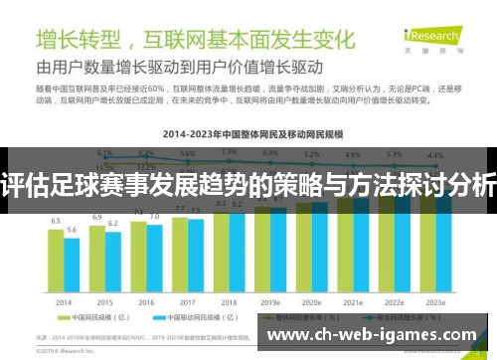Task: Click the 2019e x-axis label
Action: pyautogui.click(x=269, y=301)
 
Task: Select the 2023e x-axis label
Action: pyautogui.click(x=435, y=301)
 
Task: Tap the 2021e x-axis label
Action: pyautogui.click(x=352, y=301)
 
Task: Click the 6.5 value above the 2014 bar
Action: pyautogui.click(x=56, y=221)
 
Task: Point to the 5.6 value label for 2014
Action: pyautogui.click(x=72, y=229)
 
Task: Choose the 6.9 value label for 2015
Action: pyautogui.click(x=97, y=216)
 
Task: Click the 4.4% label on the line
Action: pyautogui.click(x=435, y=155)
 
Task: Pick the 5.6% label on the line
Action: pyautogui.click(x=188, y=154)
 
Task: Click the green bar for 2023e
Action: pyautogui.click(x=427, y=244)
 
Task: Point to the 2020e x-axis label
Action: pyautogui.click(x=311, y=301)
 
